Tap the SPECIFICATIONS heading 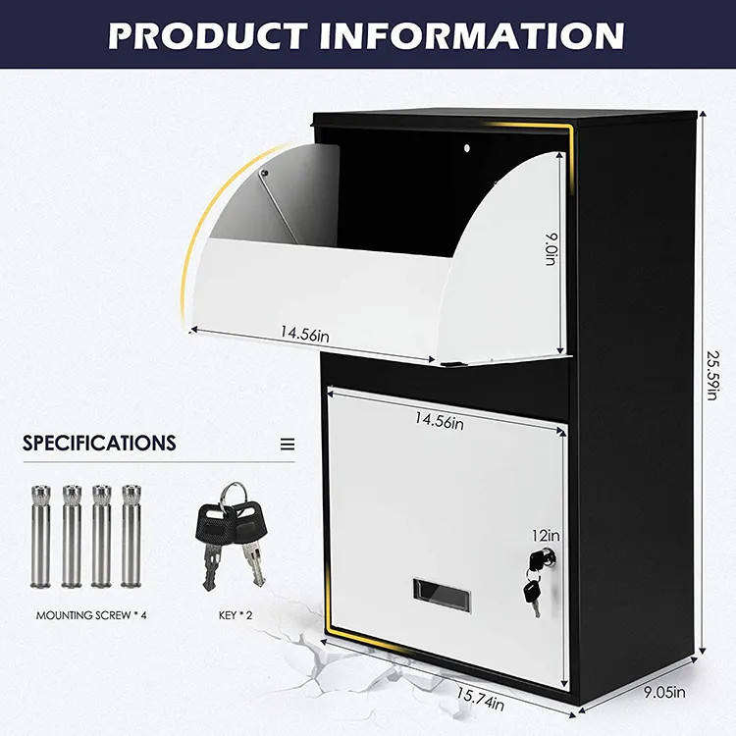tap(99, 443)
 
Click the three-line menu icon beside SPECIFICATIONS tap(288, 444)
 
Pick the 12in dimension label tap(546, 535)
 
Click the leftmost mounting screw tap(40, 536)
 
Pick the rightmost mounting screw tap(131, 536)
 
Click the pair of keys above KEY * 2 tap(233, 532)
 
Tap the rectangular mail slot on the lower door tap(442, 594)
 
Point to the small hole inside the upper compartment tap(467, 148)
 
